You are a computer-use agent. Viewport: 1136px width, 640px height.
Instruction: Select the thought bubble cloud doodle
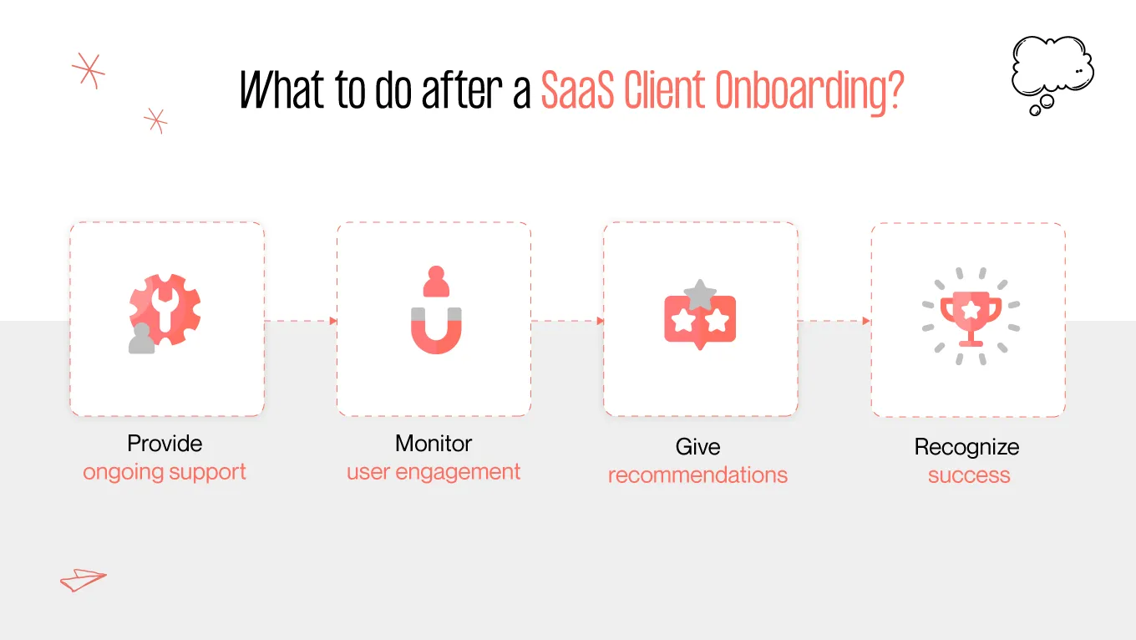(x=1051, y=69)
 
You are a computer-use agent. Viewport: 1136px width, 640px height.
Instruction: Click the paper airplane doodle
(x=83, y=579)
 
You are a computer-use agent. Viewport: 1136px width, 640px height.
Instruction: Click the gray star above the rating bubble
(x=700, y=294)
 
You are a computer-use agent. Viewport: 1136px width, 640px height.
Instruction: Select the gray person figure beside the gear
(x=142, y=339)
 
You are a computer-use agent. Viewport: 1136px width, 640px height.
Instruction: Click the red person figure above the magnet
(x=435, y=282)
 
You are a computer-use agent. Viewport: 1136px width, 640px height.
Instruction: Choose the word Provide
(x=165, y=443)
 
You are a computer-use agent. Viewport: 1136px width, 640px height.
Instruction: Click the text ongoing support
(x=165, y=472)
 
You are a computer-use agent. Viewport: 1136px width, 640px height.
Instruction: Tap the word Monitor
(x=434, y=443)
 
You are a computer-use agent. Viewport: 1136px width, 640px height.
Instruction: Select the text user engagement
(x=434, y=472)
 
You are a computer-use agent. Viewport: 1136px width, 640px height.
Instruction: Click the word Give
(x=697, y=447)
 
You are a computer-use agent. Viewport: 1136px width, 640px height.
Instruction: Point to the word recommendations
(x=697, y=475)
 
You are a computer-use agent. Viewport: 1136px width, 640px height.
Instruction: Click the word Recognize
(x=967, y=447)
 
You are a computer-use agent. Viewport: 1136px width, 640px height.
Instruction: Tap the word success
(x=969, y=475)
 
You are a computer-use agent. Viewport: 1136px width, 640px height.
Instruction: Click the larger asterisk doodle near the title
(x=88, y=71)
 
